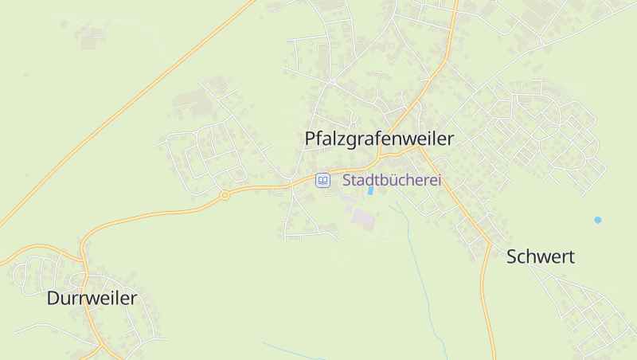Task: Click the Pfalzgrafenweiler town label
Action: click(379, 139)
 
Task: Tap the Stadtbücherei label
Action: click(391, 181)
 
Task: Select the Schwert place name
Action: click(541, 256)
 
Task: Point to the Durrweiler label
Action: click(92, 299)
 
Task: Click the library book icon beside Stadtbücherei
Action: click(322, 181)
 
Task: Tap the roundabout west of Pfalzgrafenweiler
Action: click(225, 194)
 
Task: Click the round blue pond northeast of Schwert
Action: click(598, 220)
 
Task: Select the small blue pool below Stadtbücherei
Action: click(370, 191)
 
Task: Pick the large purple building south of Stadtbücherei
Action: click(362, 217)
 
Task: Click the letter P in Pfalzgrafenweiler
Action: click(311, 139)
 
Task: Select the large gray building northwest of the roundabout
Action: click(188, 100)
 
